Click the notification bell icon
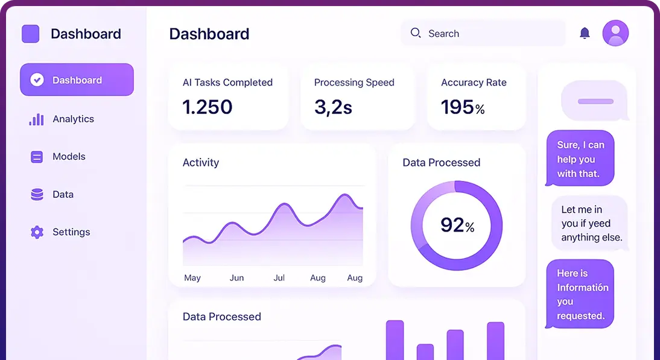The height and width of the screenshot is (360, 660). [x=585, y=33]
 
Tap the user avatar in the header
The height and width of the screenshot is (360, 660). [x=615, y=33]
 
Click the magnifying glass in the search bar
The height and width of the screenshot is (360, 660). [x=416, y=33]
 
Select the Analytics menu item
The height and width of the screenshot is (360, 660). [x=73, y=119]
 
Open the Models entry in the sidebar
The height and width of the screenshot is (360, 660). [x=69, y=156]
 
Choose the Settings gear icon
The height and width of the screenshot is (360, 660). [x=37, y=232]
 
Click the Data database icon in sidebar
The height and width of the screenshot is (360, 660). [x=37, y=195]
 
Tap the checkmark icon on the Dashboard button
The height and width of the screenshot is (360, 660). [x=37, y=80]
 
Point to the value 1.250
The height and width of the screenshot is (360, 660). [x=207, y=107]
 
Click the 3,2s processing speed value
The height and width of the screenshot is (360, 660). [x=333, y=107]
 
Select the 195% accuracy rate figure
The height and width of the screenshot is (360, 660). [x=463, y=107]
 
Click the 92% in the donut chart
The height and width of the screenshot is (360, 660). [x=457, y=225]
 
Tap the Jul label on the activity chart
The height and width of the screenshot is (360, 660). [x=279, y=278]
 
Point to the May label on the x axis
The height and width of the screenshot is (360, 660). [x=192, y=278]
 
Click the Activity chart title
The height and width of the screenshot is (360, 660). [x=201, y=163]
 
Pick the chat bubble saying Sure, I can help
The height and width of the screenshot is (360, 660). [x=580, y=159]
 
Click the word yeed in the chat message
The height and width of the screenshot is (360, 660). [x=600, y=224]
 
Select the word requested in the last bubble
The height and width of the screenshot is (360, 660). [x=580, y=316]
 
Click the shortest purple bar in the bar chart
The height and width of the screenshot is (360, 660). [x=425, y=352]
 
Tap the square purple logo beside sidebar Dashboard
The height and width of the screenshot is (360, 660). [x=31, y=34]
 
